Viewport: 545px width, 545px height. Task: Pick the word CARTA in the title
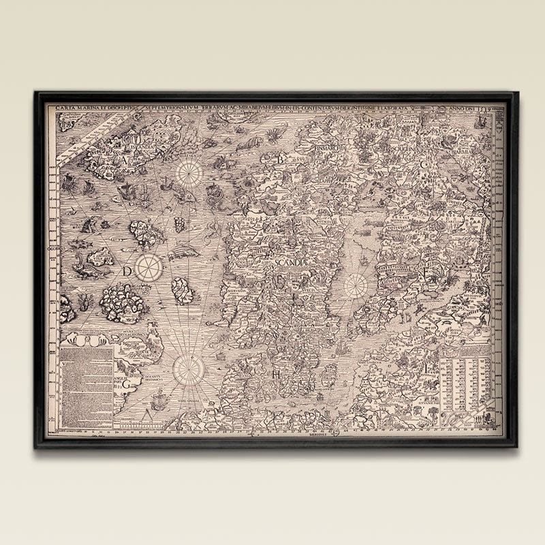pos(67,108)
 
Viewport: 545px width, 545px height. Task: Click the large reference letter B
pos(279,159)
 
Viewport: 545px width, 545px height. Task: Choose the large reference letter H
pos(277,374)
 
